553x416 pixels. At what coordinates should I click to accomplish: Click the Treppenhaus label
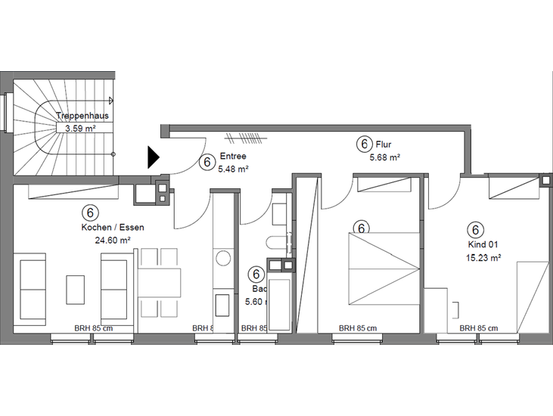click(82, 116)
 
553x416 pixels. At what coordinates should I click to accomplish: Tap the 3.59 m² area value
click(80, 129)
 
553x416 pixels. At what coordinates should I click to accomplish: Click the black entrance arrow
click(154, 157)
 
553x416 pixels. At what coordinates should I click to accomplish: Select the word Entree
click(232, 157)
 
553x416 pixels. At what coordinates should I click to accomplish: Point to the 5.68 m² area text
click(384, 157)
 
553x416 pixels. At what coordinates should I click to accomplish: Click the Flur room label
click(384, 144)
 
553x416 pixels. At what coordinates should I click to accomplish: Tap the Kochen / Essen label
click(113, 227)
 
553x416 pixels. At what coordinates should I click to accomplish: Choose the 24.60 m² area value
click(113, 240)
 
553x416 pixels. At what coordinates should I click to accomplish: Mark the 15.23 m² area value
click(484, 258)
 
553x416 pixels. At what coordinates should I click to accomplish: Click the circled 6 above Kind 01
click(476, 229)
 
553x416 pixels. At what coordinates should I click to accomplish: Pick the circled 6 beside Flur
click(364, 144)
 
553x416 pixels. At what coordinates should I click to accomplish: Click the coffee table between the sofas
click(76, 289)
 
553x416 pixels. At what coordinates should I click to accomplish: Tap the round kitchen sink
click(223, 258)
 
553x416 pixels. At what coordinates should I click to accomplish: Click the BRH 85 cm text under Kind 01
click(477, 328)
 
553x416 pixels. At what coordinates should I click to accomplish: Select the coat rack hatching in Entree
click(245, 138)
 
